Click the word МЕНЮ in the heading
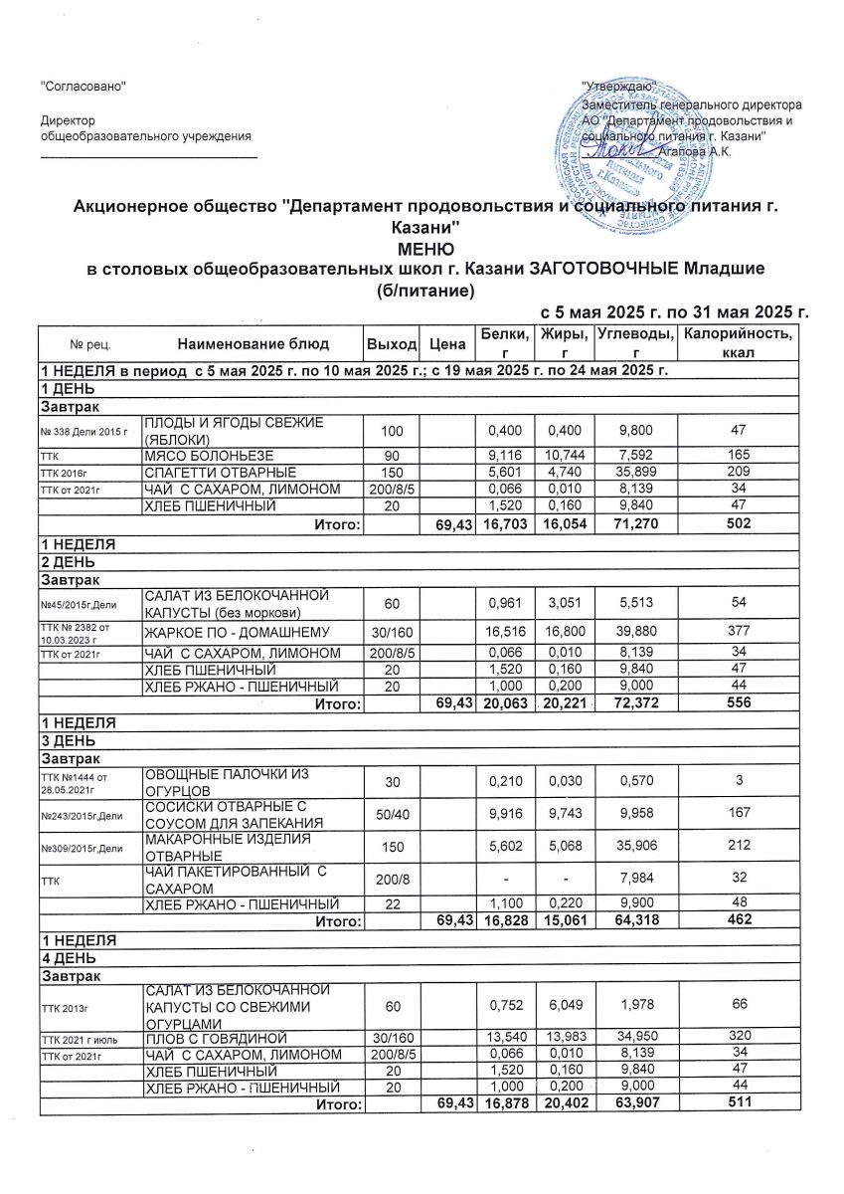click(x=425, y=248)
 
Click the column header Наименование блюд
click(x=252, y=344)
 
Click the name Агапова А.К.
click(x=696, y=150)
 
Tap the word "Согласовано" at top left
click(x=83, y=87)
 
